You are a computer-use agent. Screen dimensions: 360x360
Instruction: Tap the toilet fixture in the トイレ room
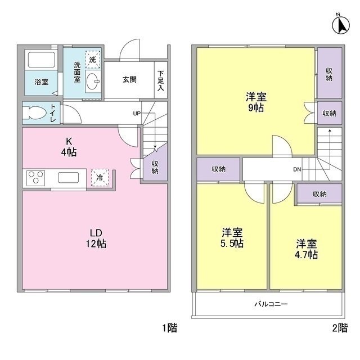pyautogui.click(x=34, y=112)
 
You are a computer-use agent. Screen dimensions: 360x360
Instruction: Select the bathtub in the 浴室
pyautogui.click(x=41, y=60)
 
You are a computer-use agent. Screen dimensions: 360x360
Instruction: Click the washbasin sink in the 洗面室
pyautogui.click(x=93, y=81)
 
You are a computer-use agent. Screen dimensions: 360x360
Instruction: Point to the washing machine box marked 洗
pyautogui.click(x=93, y=60)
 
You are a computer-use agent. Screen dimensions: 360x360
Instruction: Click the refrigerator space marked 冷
pyautogui.click(x=100, y=177)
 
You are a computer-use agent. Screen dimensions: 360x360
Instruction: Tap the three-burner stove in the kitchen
pyautogui.click(x=35, y=178)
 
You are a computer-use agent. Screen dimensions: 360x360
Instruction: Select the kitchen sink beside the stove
pyautogui.click(x=69, y=178)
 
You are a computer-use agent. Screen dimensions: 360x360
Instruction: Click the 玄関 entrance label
pyautogui.click(x=129, y=79)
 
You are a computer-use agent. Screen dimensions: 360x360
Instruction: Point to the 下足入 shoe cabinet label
pyautogui.click(x=161, y=80)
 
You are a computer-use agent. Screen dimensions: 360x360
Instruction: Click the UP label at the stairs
pyautogui.click(x=137, y=114)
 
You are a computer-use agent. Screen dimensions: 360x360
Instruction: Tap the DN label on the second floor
pyautogui.click(x=297, y=169)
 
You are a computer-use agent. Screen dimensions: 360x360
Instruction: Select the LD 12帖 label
pyautogui.click(x=96, y=238)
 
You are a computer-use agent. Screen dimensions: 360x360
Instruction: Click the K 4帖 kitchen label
pyautogui.click(x=69, y=147)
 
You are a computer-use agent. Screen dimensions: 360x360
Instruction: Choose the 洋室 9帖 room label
pyautogui.click(x=256, y=102)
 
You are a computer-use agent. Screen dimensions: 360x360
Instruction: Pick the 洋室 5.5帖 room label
pyautogui.click(x=232, y=237)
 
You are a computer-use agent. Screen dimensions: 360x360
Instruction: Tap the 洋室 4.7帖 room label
pyautogui.click(x=306, y=249)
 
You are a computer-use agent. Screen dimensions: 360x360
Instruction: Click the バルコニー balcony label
pyautogui.click(x=271, y=304)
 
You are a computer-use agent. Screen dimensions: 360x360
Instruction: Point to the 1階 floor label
pyautogui.click(x=170, y=328)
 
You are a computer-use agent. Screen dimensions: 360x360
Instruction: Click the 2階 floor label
pyautogui.click(x=340, y=328)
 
